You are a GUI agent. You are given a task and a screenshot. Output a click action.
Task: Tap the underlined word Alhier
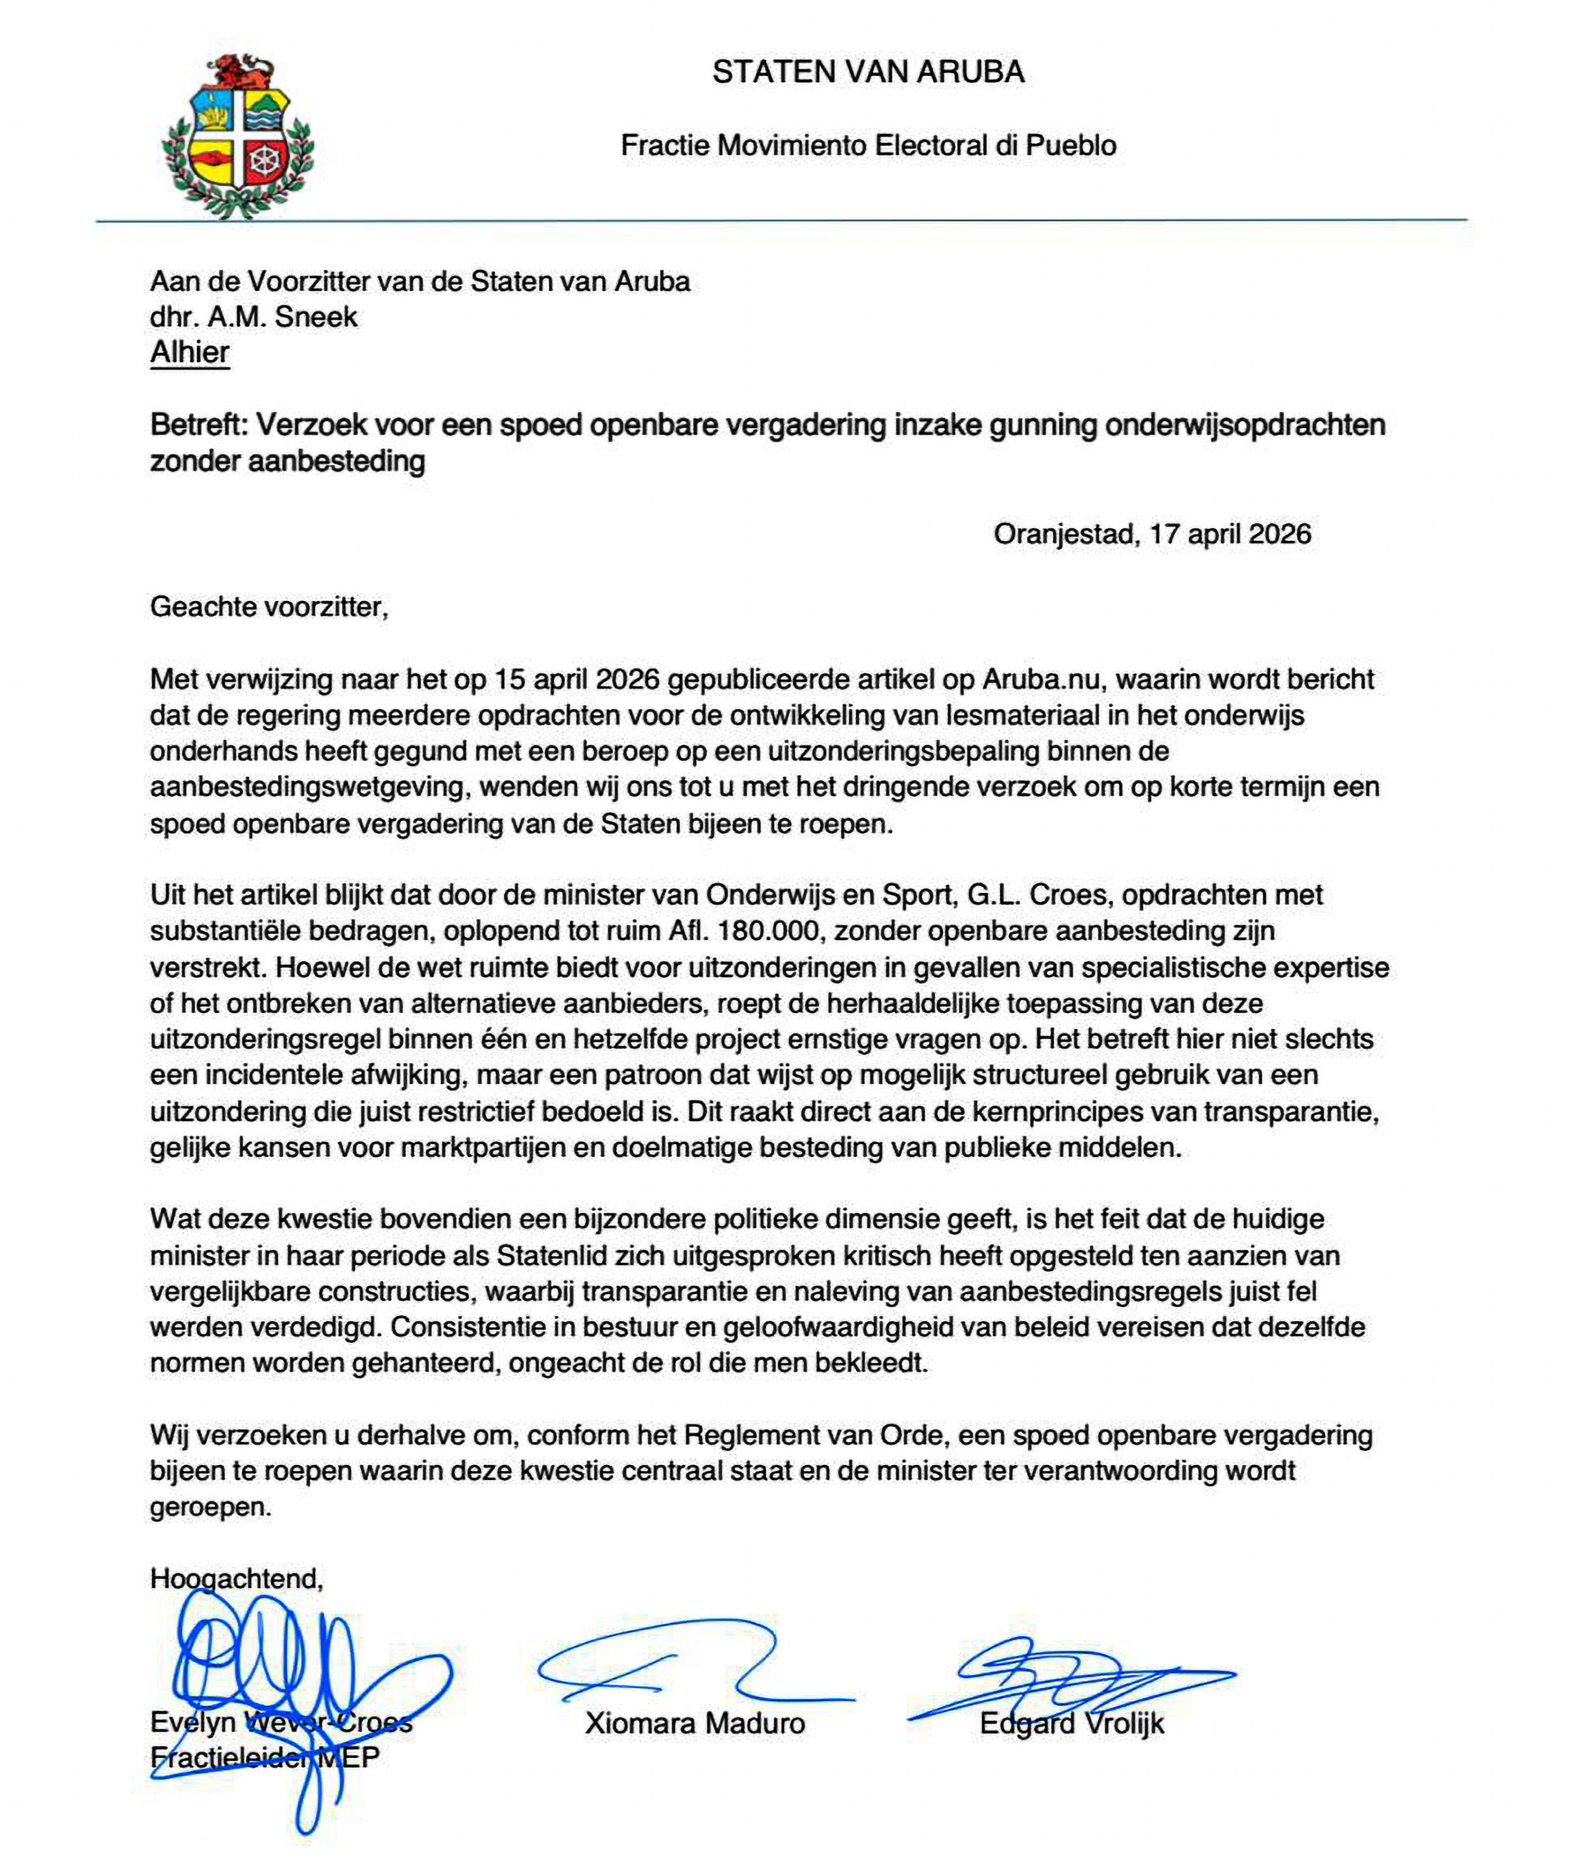click(x=189, y=353)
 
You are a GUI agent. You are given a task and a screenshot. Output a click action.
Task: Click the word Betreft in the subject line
click(x=196, y=425)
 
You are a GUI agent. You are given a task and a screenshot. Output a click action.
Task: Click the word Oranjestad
click(x=1064, y=535)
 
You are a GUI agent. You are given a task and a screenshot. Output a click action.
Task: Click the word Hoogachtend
click(x=236, y=1579)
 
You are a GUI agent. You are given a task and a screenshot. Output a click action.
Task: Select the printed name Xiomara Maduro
click(x=694, y=1723)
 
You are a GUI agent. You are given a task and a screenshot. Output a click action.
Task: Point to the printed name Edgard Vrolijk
click(x=1071, y=1723)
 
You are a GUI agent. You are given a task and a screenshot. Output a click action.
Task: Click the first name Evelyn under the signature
click(x=193, y=1723)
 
